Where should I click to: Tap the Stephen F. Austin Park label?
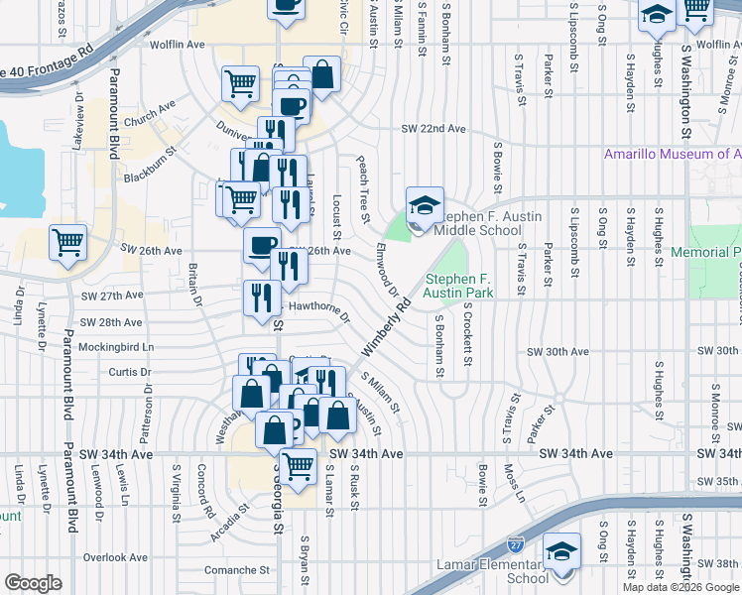[459, 286]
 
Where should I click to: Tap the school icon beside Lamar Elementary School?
[562, 551]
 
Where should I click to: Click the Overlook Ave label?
[117, 557]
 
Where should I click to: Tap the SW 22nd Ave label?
[433, 129]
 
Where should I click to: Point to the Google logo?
[33, 583]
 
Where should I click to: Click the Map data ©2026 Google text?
[681, 587]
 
